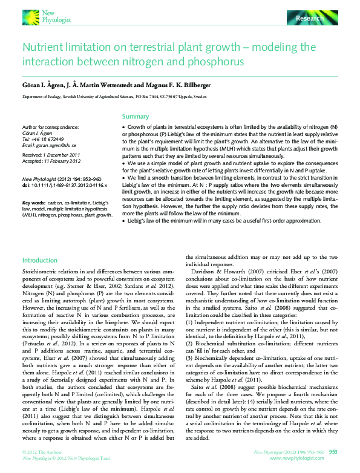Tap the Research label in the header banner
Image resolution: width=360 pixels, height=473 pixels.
point(309,19)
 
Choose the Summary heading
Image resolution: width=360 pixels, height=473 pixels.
point(136,116)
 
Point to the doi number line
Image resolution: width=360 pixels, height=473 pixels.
point(64,184)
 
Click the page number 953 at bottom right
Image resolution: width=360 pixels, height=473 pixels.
point(333,452)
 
